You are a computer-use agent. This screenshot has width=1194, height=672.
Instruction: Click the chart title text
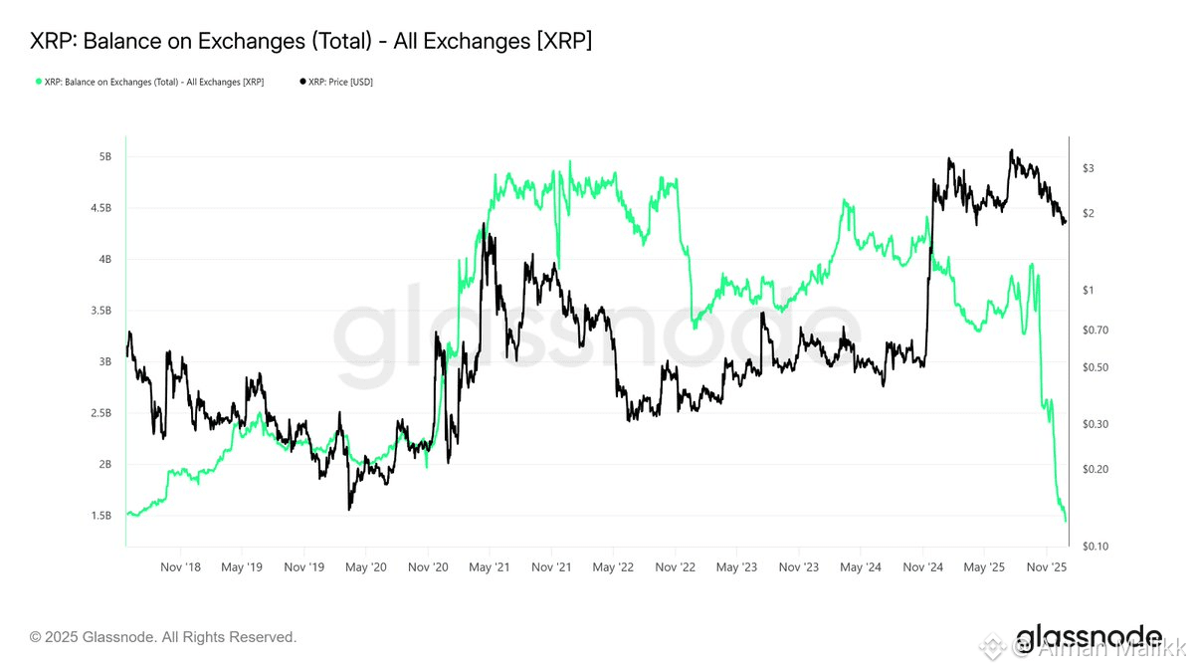(311, 41)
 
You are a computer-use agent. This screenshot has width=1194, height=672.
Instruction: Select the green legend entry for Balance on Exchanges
(149, 82)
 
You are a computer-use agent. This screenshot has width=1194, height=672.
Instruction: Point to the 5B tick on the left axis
(104, 157)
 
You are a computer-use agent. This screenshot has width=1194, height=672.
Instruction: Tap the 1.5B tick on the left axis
(101, 516)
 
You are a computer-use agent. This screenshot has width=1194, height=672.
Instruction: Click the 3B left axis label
(104, 362)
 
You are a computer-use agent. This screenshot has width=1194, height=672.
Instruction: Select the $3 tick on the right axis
(1089, 168)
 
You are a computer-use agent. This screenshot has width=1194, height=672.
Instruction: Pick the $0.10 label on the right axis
(1095, 547)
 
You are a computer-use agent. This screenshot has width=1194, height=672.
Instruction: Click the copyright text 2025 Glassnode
(163, 636)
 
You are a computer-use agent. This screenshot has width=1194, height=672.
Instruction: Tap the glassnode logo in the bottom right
(1088, 637)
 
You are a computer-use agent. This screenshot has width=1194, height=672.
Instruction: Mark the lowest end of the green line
(1066, 521)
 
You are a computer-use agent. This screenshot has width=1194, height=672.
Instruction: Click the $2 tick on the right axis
(1089, 214)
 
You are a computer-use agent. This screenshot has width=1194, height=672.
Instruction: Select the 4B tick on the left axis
(104, 260)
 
